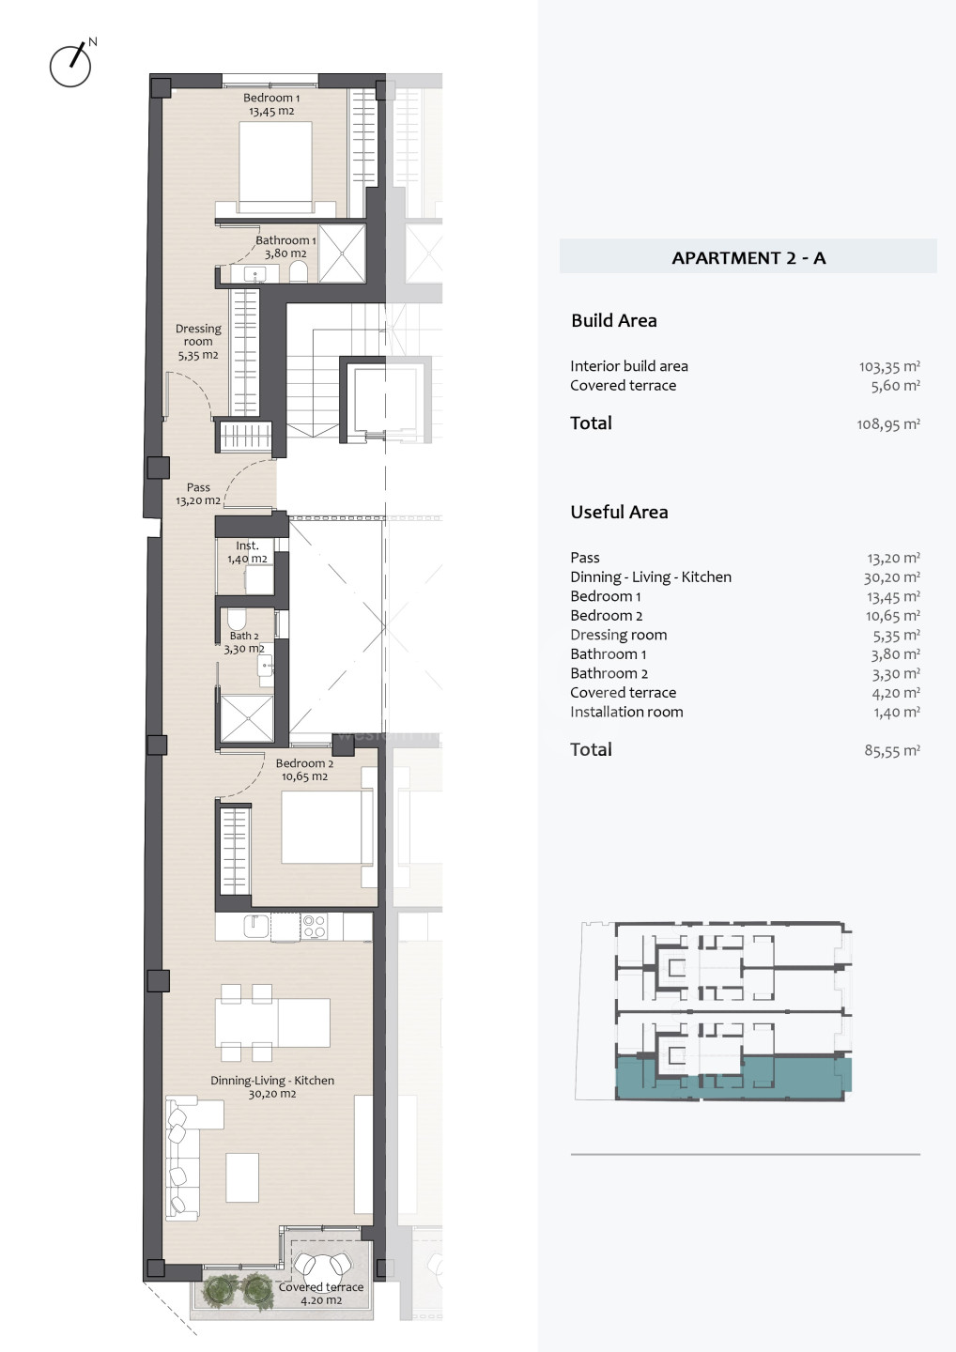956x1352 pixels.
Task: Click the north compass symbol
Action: [x=71, y=63]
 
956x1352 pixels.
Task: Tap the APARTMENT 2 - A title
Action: [x=748, y=257]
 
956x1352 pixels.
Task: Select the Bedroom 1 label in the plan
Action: [x=271, y=104]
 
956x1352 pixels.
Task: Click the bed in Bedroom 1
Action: [x=275, y=168]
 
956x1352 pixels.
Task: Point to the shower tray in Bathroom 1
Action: [x=342, y=253]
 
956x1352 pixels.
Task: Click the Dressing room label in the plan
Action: [x=198, y=342]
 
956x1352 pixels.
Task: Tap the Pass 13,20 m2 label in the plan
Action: [x=198, y=494]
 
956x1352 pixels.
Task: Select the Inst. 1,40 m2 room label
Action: [x=247, y=552]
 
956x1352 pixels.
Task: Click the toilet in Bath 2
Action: [x=237, y=620]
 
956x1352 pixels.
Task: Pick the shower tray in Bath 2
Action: [x=247, y=719]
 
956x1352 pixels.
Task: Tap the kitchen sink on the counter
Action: [x=255, y=927]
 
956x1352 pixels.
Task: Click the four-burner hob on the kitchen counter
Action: [x=314, y=927]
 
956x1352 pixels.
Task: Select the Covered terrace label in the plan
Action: [x=321, y=1293]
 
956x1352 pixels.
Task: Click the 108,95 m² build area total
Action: [x=888, y=424]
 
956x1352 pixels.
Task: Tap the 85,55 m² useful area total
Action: [x=892, y=750]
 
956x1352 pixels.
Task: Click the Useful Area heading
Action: [x=619, y=512]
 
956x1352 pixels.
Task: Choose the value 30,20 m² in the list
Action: [x=892, y=577]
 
